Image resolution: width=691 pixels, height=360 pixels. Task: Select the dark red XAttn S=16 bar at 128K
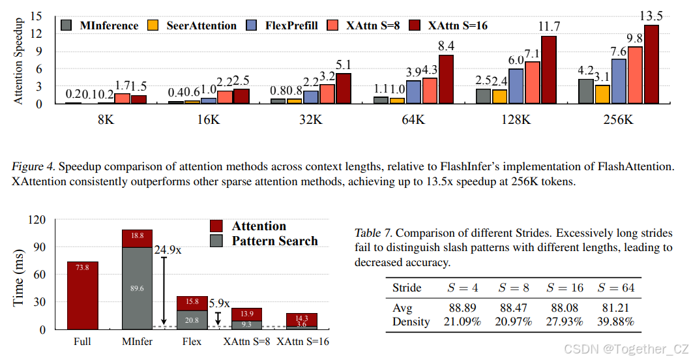point(549,70)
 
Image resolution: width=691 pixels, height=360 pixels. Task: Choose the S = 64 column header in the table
point(617,288)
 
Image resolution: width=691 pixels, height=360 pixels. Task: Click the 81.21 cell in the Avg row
point(617,307)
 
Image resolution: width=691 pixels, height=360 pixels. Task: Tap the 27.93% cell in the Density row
point(565,321)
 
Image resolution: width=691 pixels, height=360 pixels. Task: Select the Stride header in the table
point(407,288)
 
